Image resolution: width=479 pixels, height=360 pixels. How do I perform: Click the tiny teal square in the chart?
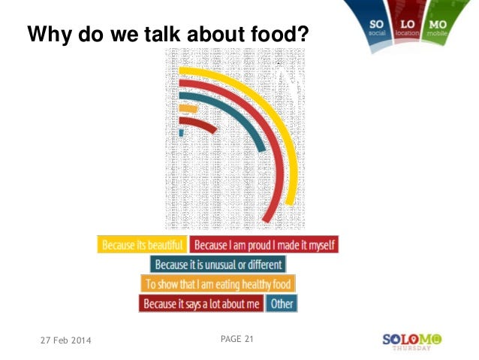pyautogui.click(x=182, y=133)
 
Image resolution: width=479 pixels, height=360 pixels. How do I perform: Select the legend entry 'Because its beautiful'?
pyautogui.click(x=142, y=245)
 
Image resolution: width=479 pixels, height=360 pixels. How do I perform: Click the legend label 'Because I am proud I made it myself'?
pyautogui.click(x=264, y=245)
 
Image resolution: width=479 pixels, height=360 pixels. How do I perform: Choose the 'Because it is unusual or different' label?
pyautogui.click(x=218, y=265)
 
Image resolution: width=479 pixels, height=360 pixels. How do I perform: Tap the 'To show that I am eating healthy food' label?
pyautogui.click(x=218, y=284)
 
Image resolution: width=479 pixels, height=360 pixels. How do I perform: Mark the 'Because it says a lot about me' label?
pyautogui.click(x=202, y=304)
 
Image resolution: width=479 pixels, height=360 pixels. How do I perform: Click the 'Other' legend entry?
pyautogui.click(x=282, y=304)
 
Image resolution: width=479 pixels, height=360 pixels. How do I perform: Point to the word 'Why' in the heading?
pyautogui.click(x=47, y=35)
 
